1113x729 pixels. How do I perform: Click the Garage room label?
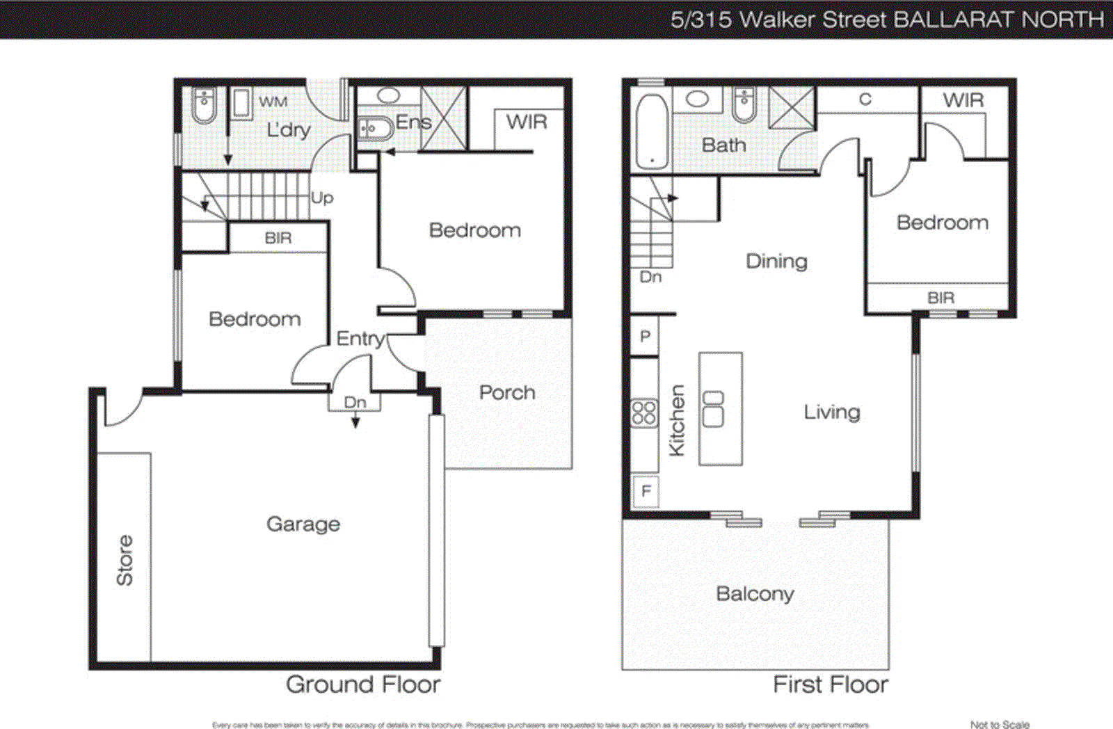point(303,524)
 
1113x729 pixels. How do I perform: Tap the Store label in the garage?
point(125,561)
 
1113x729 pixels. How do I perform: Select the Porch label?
point(507,393)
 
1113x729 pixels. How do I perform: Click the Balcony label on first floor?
point(755,594)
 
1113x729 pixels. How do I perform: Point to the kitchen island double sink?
point(713,409)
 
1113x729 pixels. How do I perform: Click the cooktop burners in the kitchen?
point(643,413)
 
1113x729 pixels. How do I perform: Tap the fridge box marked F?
point(646,492)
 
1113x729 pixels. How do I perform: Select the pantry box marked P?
point(645,337)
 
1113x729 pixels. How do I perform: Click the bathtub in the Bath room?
point(652,132)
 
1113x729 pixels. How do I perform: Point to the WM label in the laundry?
point(273,102)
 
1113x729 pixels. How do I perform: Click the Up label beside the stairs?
point(322,198)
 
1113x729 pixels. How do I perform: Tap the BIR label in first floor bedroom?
point(940,298)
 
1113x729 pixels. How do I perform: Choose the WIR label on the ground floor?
point(527,122)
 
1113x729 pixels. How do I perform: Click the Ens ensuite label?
point(413,122)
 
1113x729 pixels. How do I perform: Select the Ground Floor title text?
point(363,684)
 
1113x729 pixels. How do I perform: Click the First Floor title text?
point(831,684)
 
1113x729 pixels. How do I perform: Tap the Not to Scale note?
point(1000,724)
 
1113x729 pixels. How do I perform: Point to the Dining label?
point(776,262)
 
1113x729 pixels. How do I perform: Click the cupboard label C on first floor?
point(865,99)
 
